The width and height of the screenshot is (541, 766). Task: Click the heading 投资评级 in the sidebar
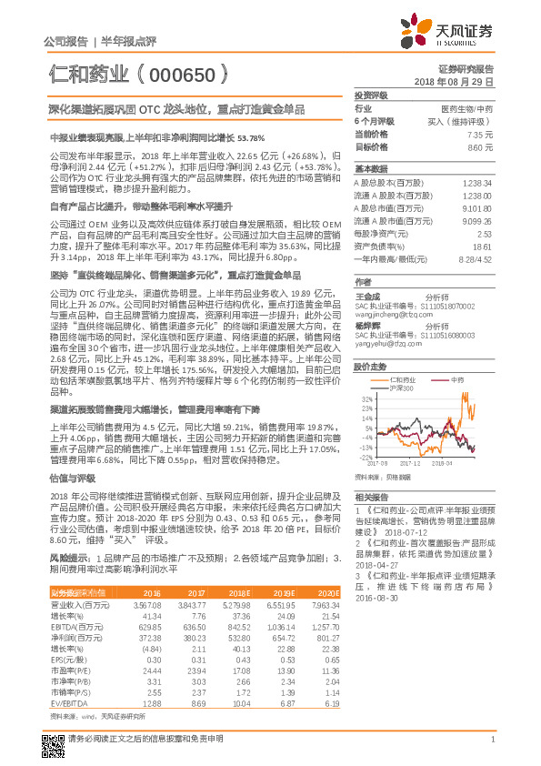click(x=371, y=95)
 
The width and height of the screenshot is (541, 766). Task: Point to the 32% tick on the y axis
click(x=365, y=399)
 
